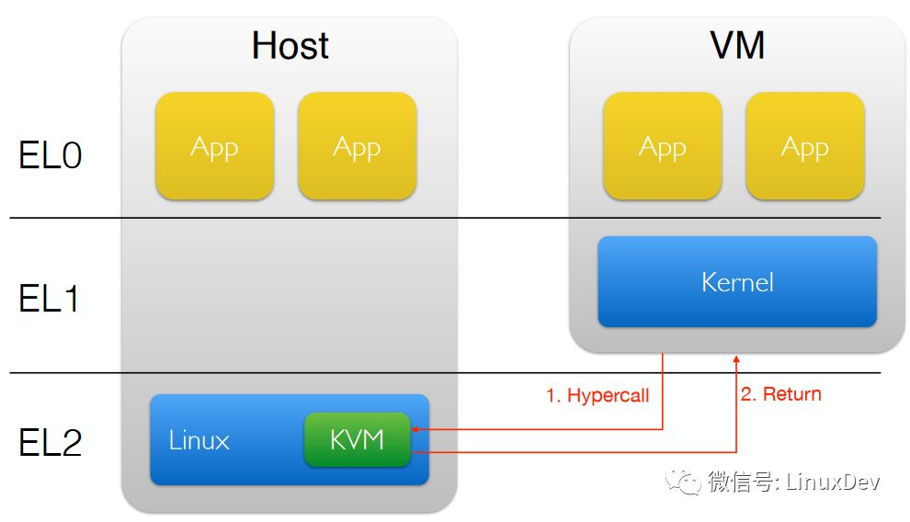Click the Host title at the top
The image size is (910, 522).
(x=290, y=45)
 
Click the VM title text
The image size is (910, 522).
(x=737, y=45)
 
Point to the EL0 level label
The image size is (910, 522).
(x=51, y=155)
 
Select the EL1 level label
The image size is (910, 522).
(x=51, y=299)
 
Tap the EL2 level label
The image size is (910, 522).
(x=51, y=442)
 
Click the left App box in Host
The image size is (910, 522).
(x=214, y=146)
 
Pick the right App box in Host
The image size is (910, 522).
(x=357, y=146)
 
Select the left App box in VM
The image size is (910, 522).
(x=662, y=146)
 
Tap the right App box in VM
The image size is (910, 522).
(x=804, y=146)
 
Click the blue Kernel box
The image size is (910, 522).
(x=737, y=281)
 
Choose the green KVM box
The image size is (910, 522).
(x=357, y=439)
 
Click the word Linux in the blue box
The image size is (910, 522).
(x=199, y=440)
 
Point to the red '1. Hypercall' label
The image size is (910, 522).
(x=597, y=395)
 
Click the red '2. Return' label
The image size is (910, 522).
(x=780, y=394)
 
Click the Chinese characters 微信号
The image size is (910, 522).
(x=742, y=482)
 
